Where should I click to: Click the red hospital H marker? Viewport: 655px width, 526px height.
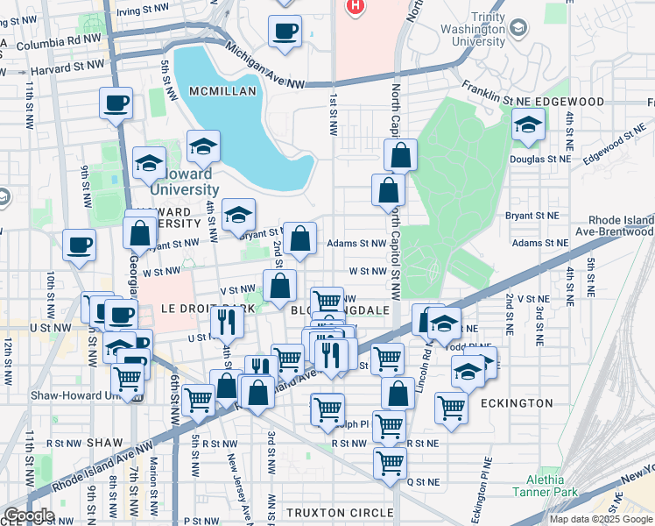point(355,7)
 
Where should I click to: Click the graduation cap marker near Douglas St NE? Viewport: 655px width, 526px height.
point(528,126)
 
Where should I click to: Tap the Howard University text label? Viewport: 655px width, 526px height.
point(184,181)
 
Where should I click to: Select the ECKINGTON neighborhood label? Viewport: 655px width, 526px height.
point(516,403)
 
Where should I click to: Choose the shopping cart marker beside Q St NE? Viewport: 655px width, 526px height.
point(390,462)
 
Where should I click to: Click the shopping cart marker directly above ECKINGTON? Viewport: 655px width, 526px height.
point(451,406)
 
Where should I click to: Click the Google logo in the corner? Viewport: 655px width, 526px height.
point(29,515)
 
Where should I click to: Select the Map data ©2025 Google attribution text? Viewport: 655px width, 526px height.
point(600,519)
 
